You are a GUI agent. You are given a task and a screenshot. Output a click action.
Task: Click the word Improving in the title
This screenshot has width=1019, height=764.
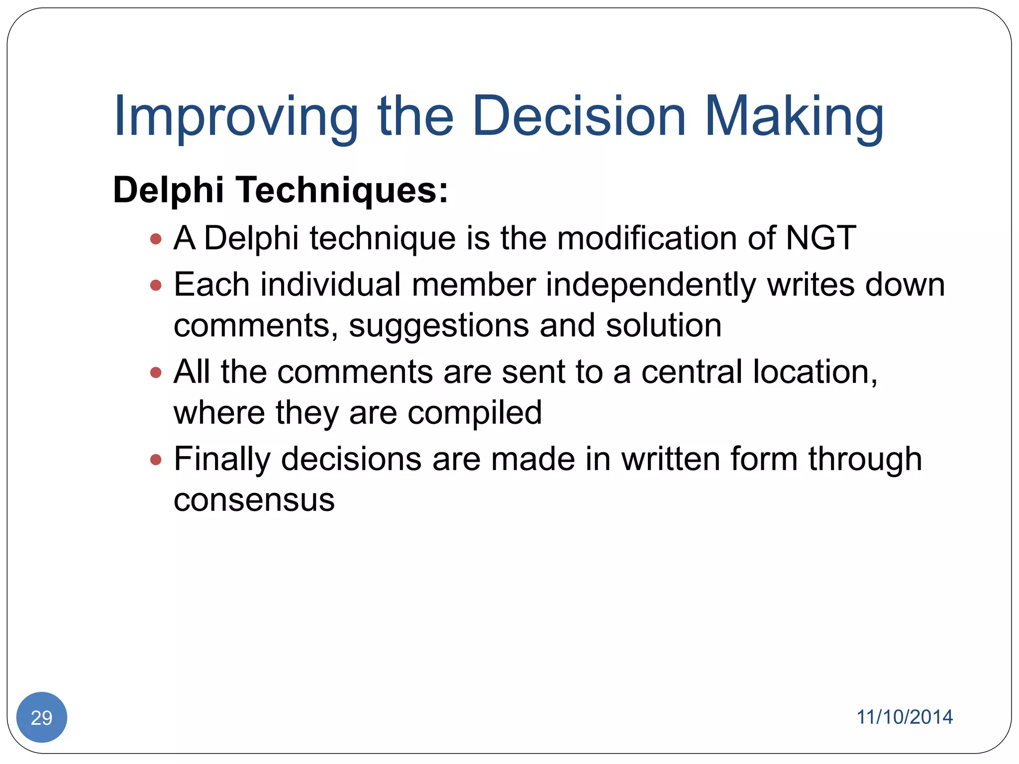[x=236, y=117]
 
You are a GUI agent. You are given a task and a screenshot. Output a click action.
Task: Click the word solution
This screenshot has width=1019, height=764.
[x=663, y=326]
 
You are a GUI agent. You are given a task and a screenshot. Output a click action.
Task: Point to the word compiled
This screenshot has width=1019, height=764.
[x=475, y=413]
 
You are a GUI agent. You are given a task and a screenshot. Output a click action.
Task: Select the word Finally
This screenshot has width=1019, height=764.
[x=222, y=460]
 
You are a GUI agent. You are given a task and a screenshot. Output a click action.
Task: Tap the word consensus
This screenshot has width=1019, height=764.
[x=254, y=500]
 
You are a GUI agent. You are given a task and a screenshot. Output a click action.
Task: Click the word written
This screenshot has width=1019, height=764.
[x=671, y=459]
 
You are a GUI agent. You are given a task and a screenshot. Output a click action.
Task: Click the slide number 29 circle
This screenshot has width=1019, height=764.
[x=42, y=717]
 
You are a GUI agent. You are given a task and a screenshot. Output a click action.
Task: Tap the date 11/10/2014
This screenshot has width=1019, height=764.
[x=904, y=717]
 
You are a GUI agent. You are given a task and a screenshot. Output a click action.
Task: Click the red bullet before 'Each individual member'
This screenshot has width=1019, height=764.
[x=156, y=285]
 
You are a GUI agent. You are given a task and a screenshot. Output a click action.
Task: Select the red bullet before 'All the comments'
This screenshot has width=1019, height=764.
[x=156, y=372]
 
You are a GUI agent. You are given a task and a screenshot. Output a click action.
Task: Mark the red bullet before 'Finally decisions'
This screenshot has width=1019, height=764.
[x=156, y=459]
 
